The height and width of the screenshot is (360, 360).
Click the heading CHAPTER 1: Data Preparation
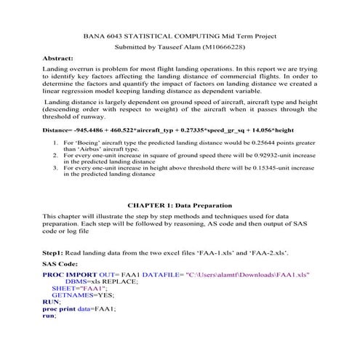[x=180, y=206]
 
